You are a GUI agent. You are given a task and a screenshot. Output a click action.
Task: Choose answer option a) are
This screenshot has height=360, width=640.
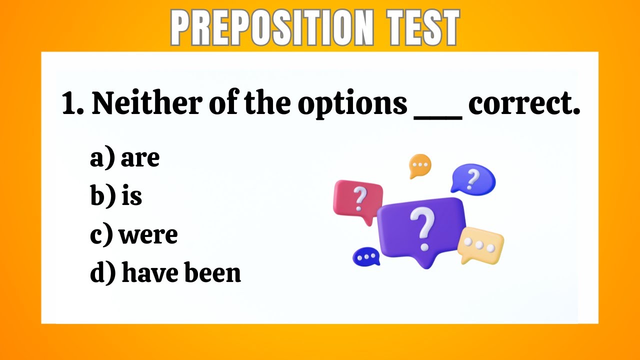click(x=124, y=158)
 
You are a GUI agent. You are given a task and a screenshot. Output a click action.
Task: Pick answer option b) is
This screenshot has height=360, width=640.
click(x=116, y=196)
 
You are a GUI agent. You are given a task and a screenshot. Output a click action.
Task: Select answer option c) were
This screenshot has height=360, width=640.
click(x=133, y=234)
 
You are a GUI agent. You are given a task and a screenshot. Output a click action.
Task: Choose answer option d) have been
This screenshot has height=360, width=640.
click(x=165, y=272)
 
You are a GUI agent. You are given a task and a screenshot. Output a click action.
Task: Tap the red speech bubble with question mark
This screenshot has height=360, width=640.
click(x=358, y=200)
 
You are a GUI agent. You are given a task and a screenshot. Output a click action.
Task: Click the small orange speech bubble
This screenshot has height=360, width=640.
click(x=419, y=165)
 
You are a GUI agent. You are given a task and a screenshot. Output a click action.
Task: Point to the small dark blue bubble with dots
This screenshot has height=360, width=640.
click(x=366, y=256)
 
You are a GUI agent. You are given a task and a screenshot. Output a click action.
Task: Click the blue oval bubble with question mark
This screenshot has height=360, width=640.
click(x=472, y=178)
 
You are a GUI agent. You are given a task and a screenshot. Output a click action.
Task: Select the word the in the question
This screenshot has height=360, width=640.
click(x=267, y=104)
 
